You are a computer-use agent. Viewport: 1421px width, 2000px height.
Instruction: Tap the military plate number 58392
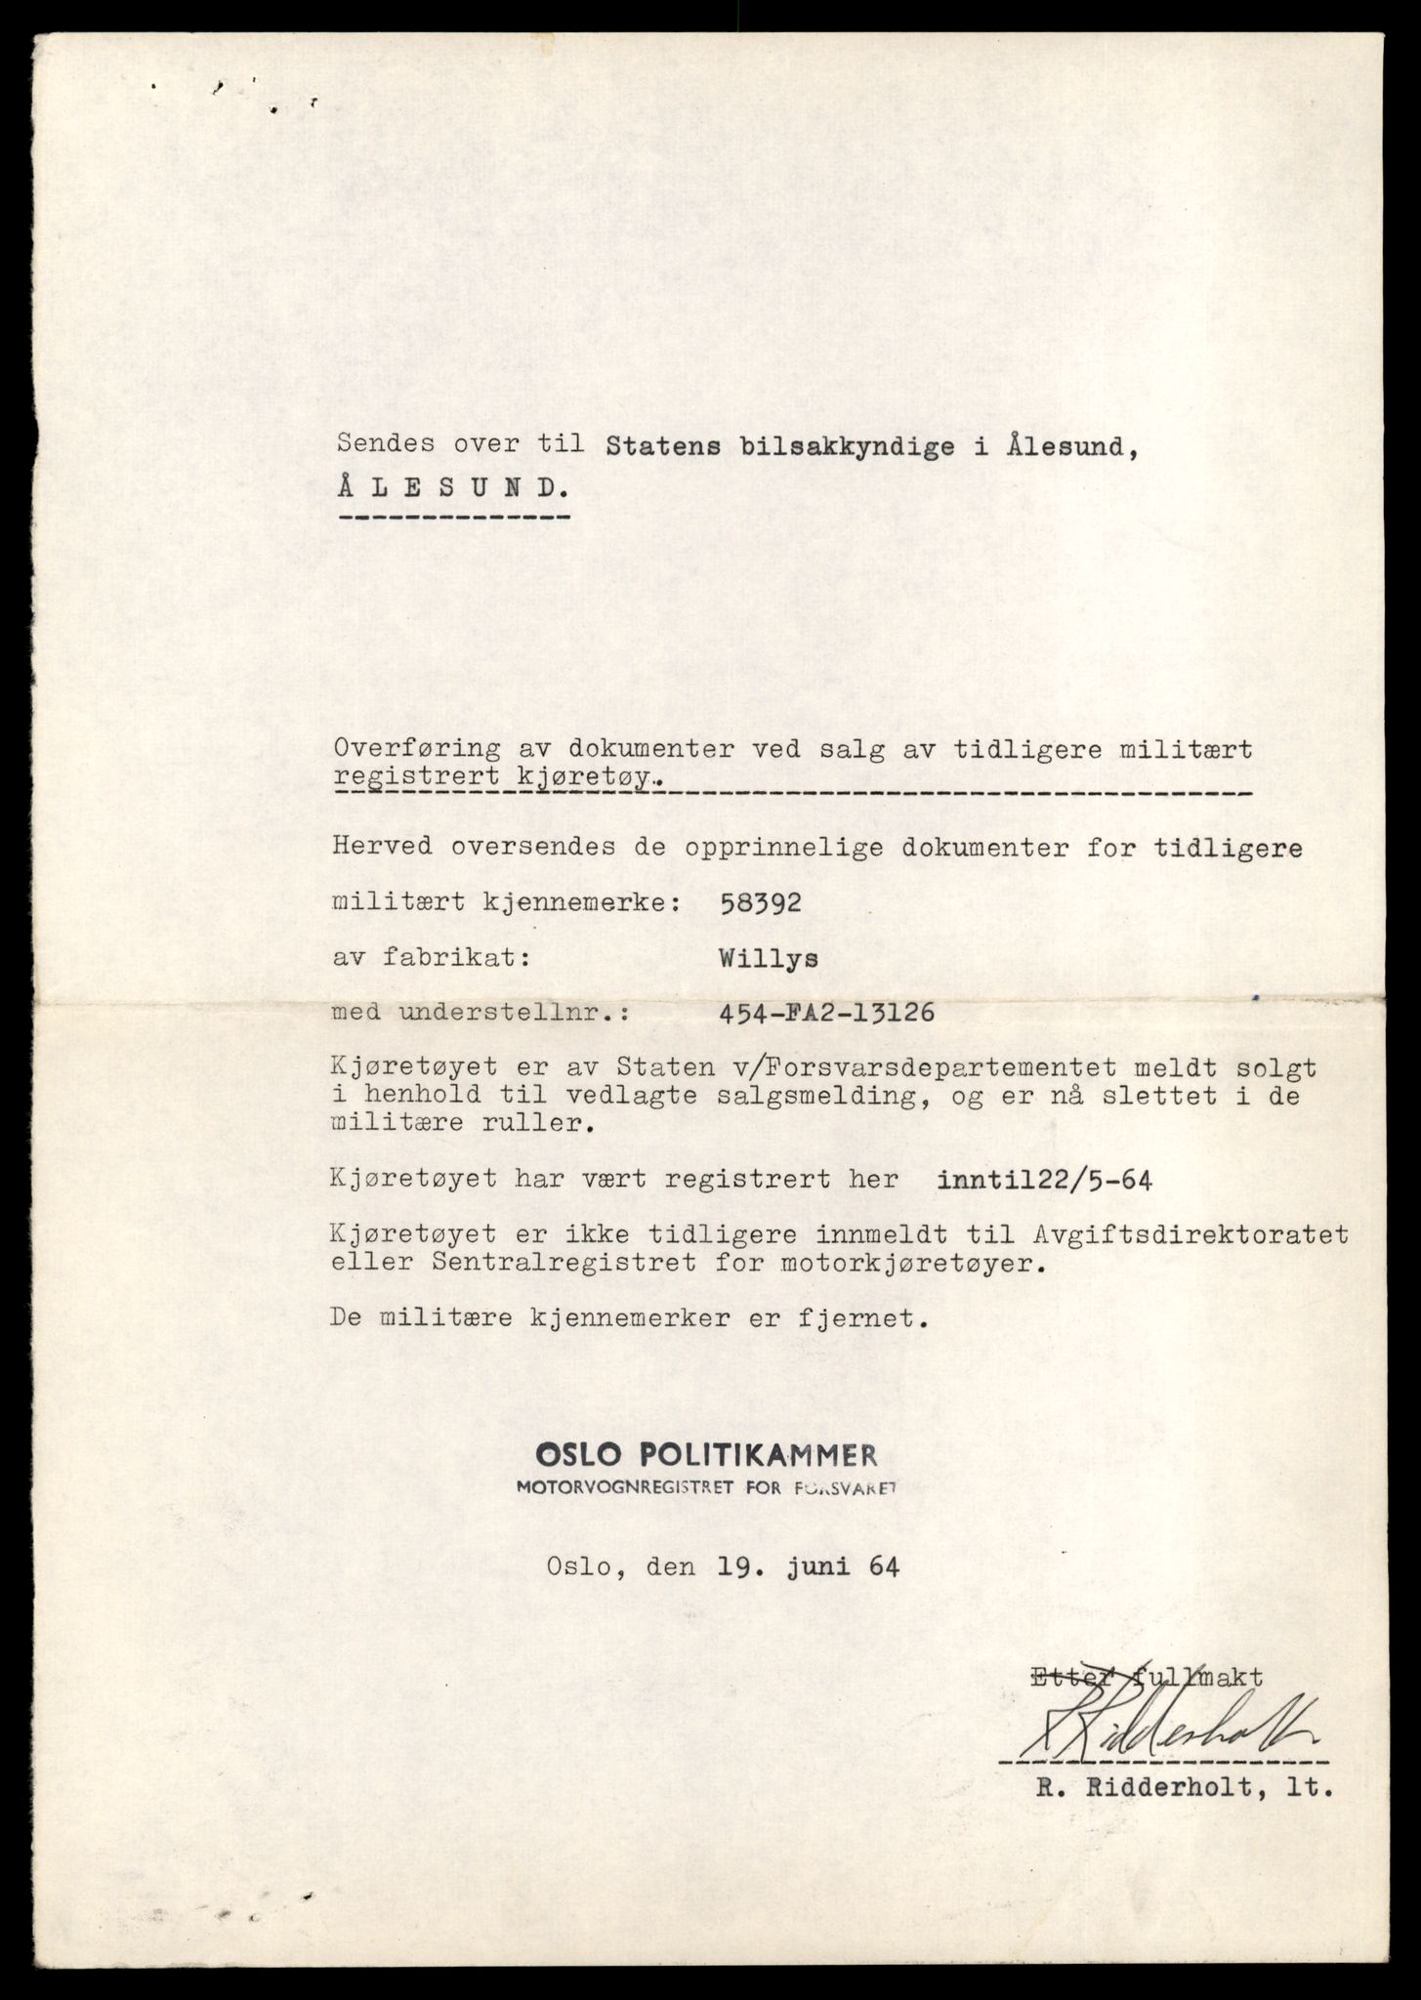point(759,902)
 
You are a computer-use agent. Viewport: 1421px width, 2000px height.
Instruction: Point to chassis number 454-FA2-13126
point(825,1013)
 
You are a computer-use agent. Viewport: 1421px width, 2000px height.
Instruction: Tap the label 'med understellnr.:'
point(481,1014)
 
